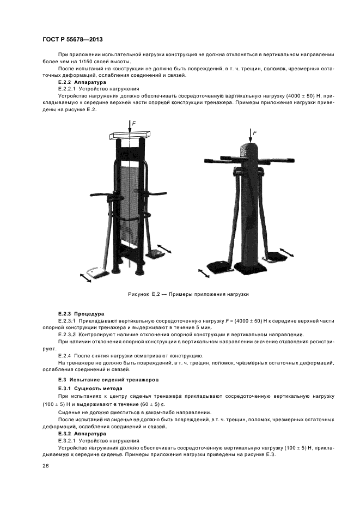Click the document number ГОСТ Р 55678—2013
click(72, 41)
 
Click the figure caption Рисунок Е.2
click(188, 294)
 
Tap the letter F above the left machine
click(133, 124)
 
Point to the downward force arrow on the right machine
click(250, 136)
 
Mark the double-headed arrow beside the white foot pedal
click(85, 277)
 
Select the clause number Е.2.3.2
click(70, 334)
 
